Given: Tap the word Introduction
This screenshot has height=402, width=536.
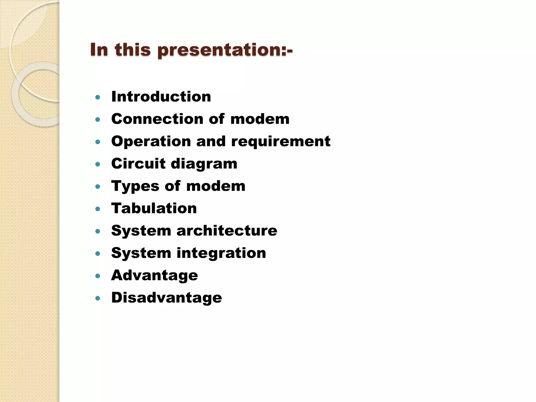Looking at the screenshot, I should point(161,97).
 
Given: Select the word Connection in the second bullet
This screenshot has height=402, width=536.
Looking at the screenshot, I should point(157,119).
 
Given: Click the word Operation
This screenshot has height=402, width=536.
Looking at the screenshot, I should point(151,141).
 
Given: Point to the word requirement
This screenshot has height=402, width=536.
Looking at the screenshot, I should point(281,141).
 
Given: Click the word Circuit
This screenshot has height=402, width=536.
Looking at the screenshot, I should point(138,164).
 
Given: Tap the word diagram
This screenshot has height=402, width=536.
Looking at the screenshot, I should point(204,164).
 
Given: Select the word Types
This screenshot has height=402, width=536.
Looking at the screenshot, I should point(135,186).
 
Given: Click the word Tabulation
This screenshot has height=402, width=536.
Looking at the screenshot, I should point(154,208).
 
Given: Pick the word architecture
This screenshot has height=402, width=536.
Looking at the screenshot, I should point(227,231).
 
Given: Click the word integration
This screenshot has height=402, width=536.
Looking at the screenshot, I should point(221,253).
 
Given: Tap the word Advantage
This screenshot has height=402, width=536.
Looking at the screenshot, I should point(154,276).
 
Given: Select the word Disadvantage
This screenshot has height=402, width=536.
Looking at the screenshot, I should point(166,298).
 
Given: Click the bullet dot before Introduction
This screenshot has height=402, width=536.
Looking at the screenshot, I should point(98,98).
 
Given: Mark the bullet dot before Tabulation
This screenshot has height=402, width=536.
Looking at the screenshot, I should point(98,209).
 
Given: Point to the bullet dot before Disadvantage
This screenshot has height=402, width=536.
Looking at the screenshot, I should point(98,298).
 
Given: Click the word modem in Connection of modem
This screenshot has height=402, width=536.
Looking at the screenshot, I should point(260,119).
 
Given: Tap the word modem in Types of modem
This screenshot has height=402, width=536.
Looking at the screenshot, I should point(216,186).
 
